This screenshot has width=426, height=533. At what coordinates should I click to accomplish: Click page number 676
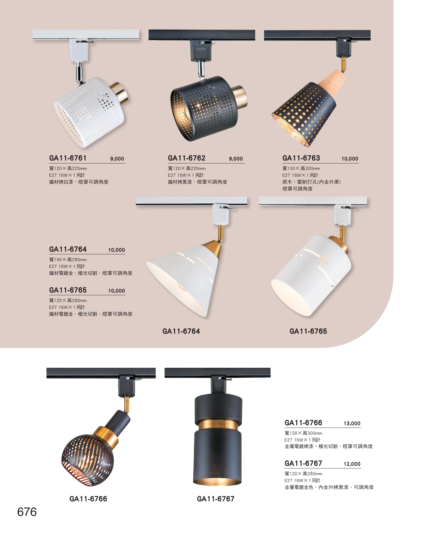[27, 512]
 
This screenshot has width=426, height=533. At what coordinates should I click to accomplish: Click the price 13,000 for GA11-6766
[352, 423]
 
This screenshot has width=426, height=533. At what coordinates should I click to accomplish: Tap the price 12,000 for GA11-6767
[352, 464]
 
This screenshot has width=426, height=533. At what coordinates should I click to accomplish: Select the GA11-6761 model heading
[68, 158]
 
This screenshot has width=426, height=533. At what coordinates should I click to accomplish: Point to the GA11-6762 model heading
[187, 158]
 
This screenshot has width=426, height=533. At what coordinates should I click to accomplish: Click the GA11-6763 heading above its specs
[301, 158]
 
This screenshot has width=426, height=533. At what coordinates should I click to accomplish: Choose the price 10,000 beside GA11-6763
[350, 159]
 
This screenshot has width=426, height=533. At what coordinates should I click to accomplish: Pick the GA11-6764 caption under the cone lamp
[181, 331]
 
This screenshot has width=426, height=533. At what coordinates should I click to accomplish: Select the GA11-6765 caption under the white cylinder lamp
[308, 331]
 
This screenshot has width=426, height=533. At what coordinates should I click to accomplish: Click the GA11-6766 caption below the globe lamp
[88, 499]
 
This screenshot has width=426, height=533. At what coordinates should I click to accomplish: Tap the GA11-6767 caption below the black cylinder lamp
[216, 499]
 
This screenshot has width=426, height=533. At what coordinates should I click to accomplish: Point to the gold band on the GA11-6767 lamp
[218, 425]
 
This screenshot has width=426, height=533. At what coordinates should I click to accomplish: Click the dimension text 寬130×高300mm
[301, 168]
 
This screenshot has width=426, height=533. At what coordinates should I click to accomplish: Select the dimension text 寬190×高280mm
[68, 260]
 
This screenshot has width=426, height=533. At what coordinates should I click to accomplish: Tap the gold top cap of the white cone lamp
[212, 248]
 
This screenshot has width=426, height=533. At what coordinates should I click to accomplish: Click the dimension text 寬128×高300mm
[303, 433]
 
